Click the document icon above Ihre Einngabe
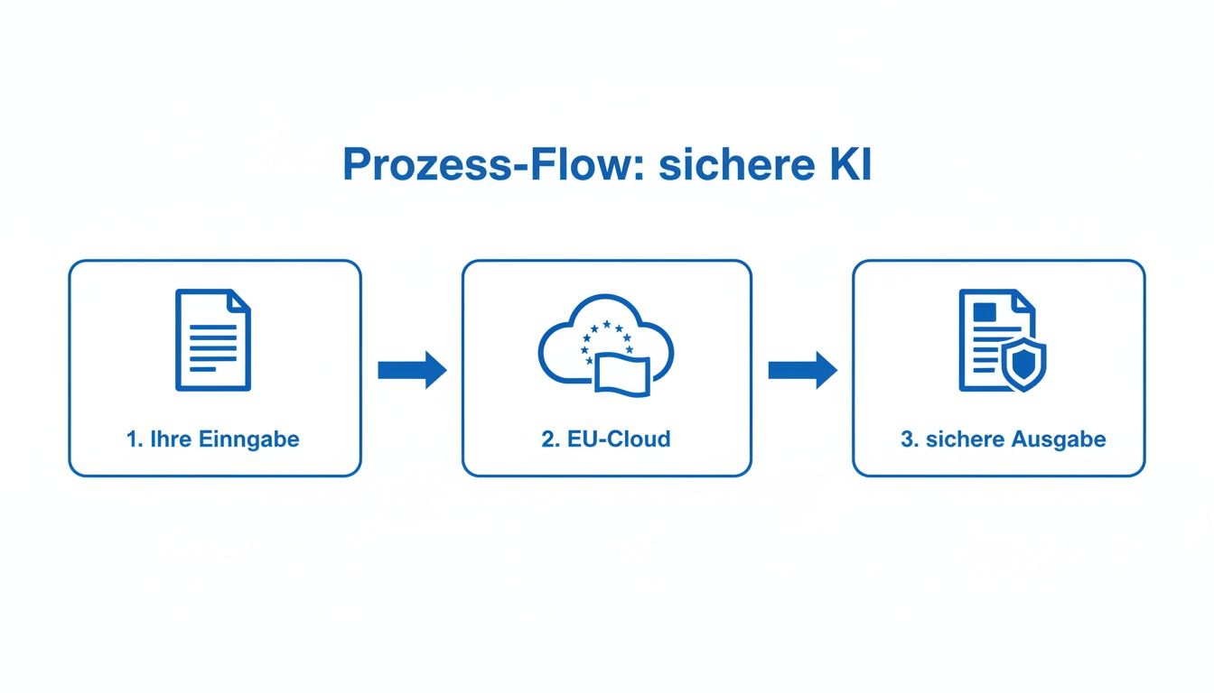tap(213, 340)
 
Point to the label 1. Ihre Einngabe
tap(213, 439)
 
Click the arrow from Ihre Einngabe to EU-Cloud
tap(412, 370)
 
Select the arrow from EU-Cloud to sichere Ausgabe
tap(802, 370)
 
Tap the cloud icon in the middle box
tap(606, 343)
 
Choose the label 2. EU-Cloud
tap(606, 439)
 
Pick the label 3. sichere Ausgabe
tap(1003, 439)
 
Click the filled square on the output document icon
tap(983, 312)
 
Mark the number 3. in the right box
tap(909, 439)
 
